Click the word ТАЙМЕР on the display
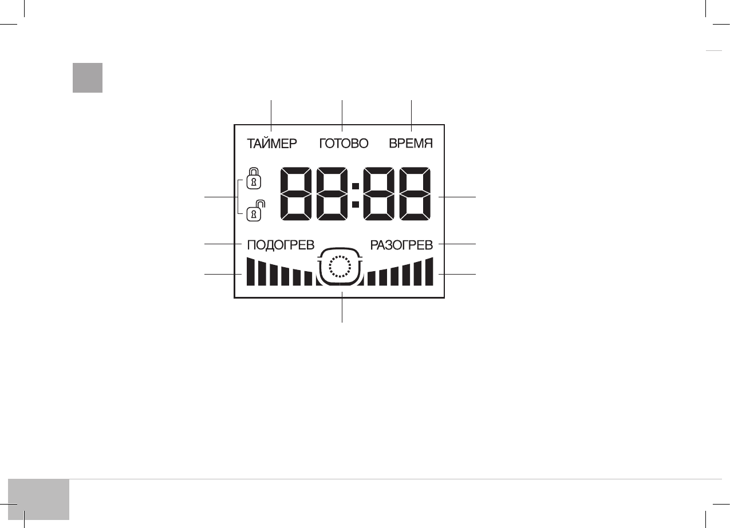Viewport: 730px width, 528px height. [x=272, y=144]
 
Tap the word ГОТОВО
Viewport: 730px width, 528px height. [x=344, y=144]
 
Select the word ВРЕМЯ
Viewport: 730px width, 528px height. [x=411, y=144]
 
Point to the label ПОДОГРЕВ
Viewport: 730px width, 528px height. [x=281, y=245]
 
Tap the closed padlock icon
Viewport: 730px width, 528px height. [x=253, y=178]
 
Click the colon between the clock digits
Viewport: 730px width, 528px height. [x=355, y=194]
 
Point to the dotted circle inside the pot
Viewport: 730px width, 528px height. [x=340, y=267]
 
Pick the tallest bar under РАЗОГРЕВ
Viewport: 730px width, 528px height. [x=429, y=272]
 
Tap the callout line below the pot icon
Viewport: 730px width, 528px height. [x=342, y=309]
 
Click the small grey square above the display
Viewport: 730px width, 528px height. [x=88, y=78]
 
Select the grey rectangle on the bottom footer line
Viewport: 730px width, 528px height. [x=39, y=499]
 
